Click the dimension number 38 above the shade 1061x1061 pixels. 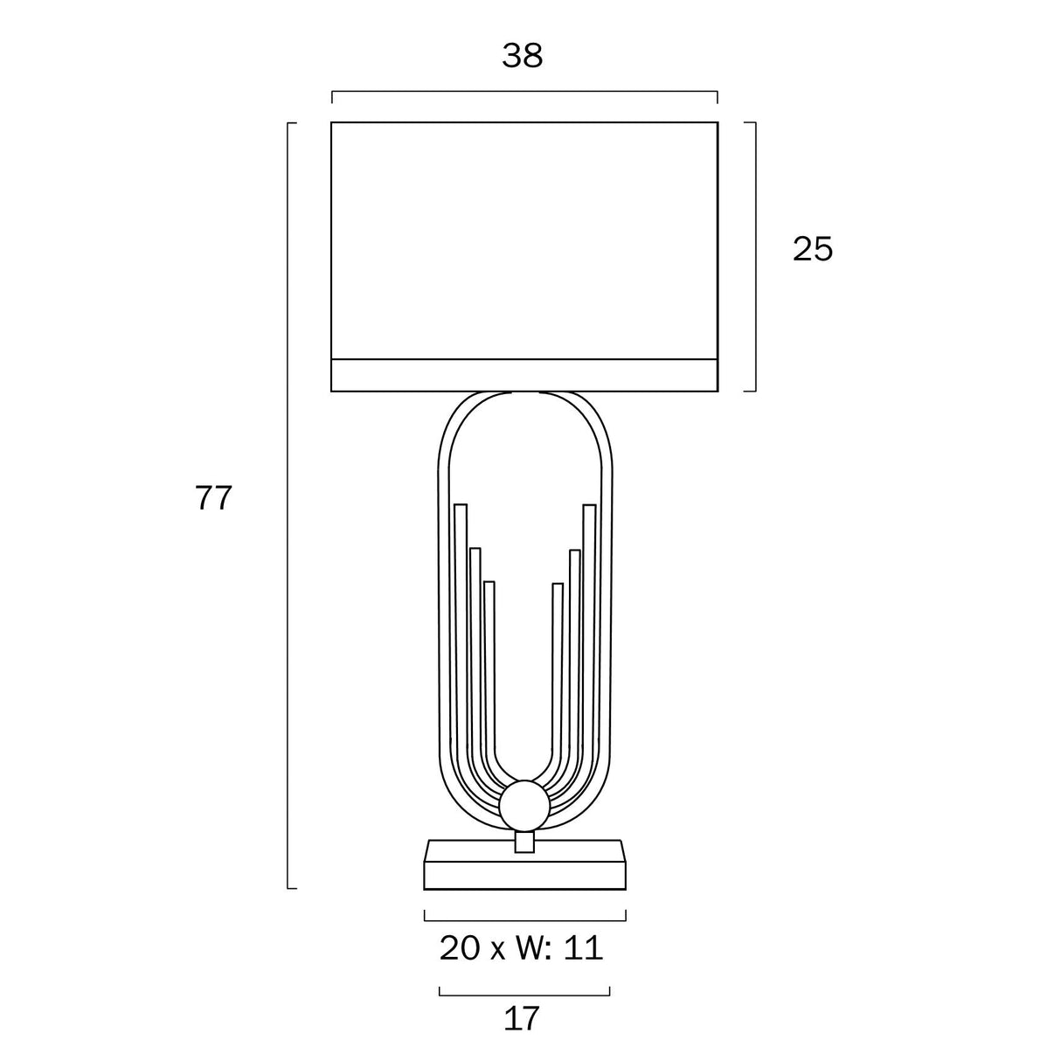tap(523, 56)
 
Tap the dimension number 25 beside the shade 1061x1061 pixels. tap(813, 250)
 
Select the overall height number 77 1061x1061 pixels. tap(213, 498)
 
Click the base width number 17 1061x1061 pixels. tap(523, 1018)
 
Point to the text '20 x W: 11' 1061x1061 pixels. tap(522, 948)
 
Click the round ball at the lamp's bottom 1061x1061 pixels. tap(524, 805)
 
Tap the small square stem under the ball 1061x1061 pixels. tap(524, 842)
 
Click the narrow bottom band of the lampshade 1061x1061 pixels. tap(524, 375)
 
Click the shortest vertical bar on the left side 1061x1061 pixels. tap(489, 664)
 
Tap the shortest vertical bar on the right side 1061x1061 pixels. tap(558, 664)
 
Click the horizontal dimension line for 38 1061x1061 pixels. tap(524, 91)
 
